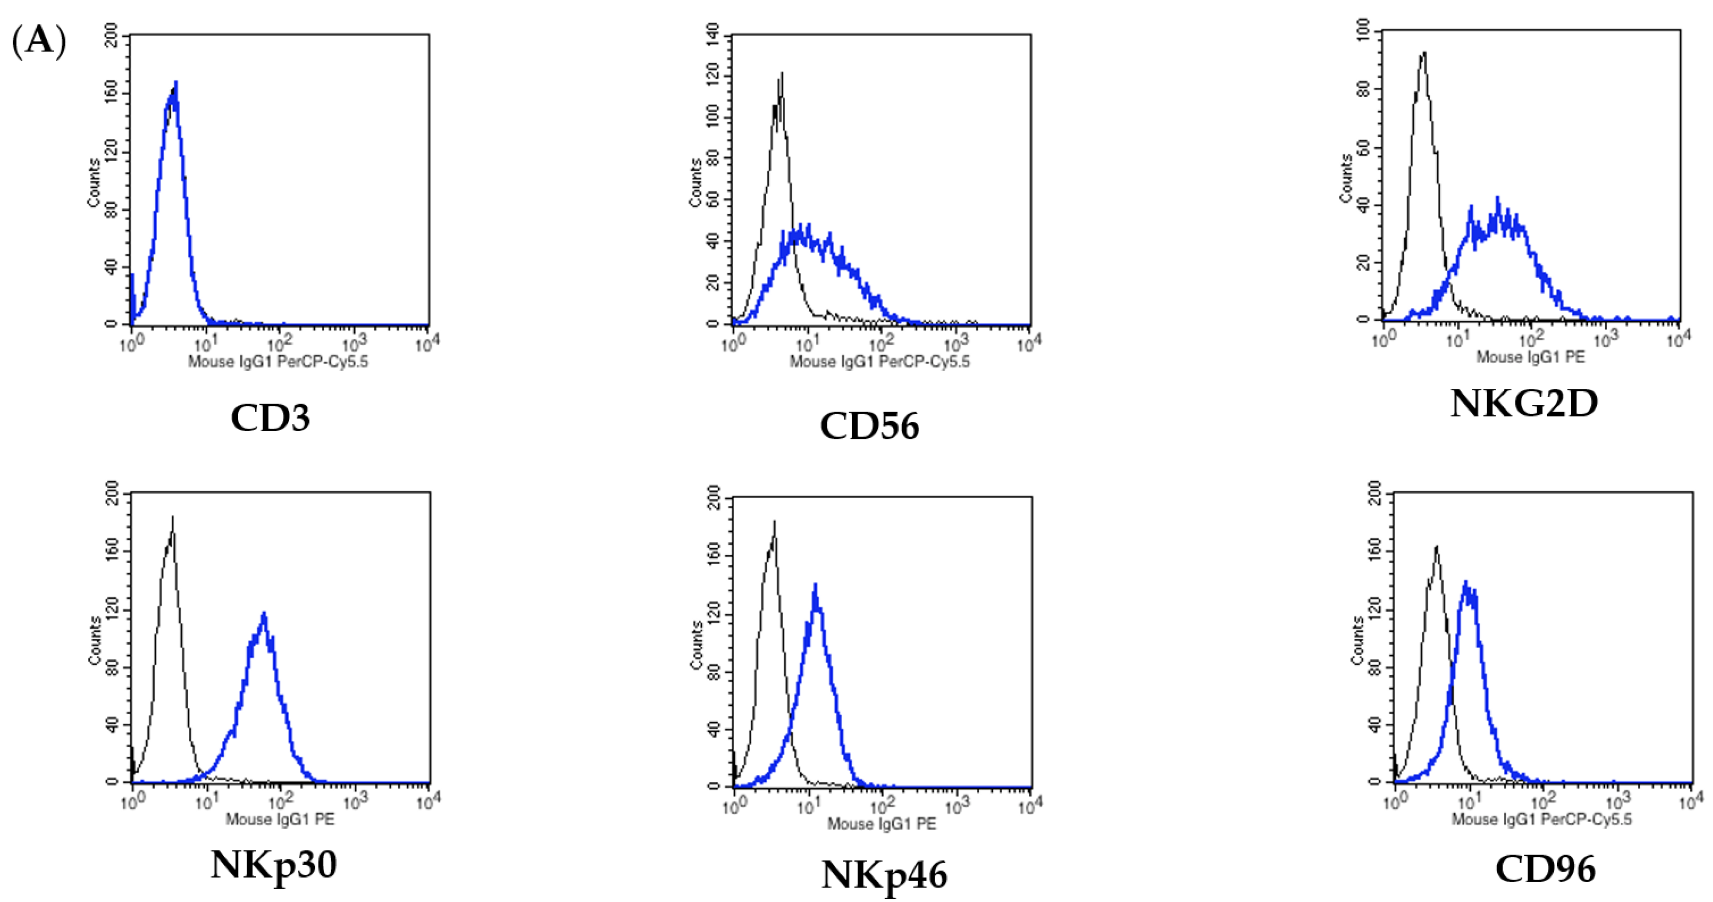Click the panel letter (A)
click(38, 41)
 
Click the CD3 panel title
click(270, 418)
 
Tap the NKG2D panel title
click(1523, 403)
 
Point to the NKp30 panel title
click(273, 864)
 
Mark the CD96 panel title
click(1545, 868)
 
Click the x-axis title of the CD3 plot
click(278, 362)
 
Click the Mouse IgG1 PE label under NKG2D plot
click(1530, 357)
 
